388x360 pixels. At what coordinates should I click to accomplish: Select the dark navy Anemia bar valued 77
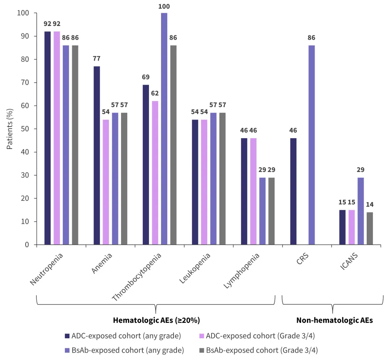tap(97, 155)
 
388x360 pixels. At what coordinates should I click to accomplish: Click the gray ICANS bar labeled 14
tap(370, 228)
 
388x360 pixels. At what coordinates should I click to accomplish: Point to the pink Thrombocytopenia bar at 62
tap(155, 173)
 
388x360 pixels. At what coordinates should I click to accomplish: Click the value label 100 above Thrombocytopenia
tap(164, 7)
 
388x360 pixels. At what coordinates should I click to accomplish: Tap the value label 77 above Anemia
tap(97, 59)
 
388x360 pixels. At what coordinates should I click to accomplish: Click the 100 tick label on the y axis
tap(23, 13)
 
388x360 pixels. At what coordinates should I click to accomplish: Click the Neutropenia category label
tap(47, 269)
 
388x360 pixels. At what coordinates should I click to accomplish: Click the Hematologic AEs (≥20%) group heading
tap(156, 320)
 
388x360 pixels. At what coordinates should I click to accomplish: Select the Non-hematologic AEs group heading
tap(334, 320)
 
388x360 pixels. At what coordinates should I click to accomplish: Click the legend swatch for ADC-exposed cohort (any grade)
tap(67, 336)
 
